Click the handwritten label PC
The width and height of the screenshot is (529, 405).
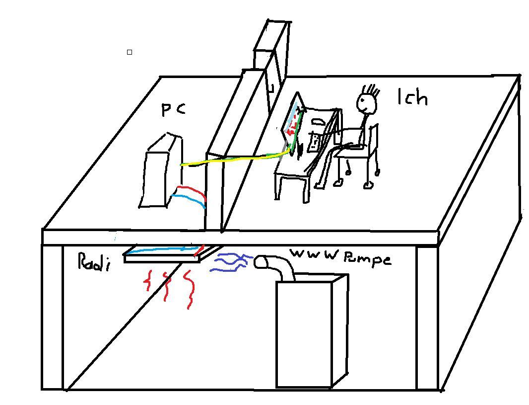point(173,109)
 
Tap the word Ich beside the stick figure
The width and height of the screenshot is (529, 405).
point(412,97)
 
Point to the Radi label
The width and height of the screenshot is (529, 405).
point(94,261)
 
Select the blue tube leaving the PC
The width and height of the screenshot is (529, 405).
point(191,200)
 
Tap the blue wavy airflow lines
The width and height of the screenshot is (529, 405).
point(229,262)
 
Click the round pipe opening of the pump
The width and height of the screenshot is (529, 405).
point(261,262)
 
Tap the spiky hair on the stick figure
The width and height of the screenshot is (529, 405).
point(371,90)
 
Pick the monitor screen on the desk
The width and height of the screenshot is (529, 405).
point(293,121)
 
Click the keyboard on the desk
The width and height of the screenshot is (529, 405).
point(314,142)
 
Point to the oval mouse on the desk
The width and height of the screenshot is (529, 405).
point(318,121)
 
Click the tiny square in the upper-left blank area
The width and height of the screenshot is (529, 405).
point(130,52)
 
